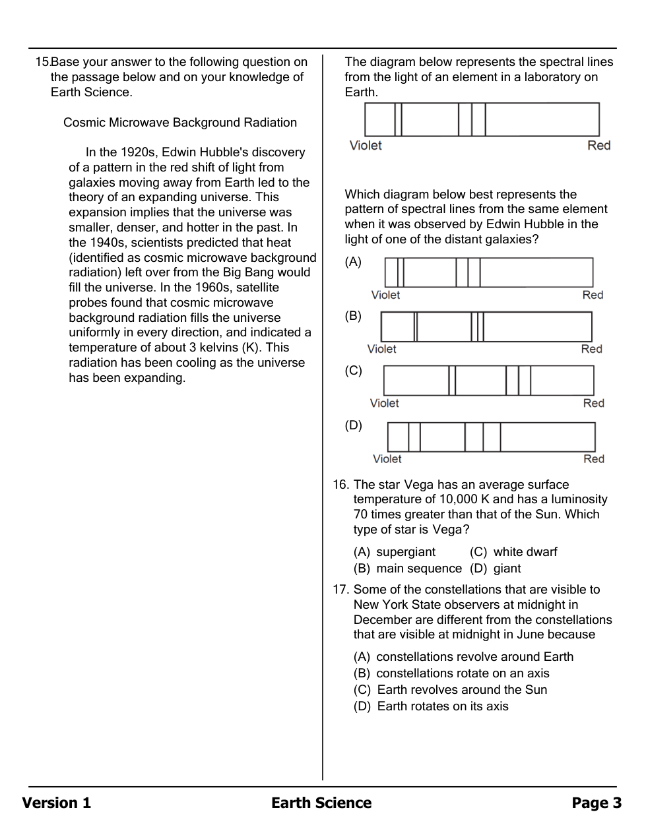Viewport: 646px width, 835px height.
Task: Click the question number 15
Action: [x=42, y=62]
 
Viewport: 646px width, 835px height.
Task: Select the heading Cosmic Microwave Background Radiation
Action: [x=180, y=123]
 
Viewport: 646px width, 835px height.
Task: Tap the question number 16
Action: [x=340, y=485]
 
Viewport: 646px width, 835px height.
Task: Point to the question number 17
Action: [x=340, y=590]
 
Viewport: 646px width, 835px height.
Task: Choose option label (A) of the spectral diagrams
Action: [x=353, y=262]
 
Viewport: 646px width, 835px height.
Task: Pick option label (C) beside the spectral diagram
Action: [x=353, y=371]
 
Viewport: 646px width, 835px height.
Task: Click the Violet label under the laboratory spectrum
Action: [x=366, y=146]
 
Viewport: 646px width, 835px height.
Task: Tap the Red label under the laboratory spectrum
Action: [x=598, y=146]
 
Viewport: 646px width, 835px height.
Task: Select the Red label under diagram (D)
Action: [x=593, y=459]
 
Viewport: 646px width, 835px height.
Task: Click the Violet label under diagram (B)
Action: [x=381, y=349]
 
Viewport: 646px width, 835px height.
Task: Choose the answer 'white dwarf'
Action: [x=525, y=552]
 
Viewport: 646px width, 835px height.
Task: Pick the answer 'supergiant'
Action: [x=406, y=552]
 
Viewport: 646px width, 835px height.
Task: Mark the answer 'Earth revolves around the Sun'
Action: [x=462, y=690]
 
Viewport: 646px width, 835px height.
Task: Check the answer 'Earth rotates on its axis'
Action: [x=443, y=706]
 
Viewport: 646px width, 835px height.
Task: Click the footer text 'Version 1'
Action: [x=57, y=803]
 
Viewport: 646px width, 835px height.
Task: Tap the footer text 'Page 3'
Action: [x=597, y=803]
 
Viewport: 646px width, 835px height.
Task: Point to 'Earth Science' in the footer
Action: [x=321, y=803]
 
